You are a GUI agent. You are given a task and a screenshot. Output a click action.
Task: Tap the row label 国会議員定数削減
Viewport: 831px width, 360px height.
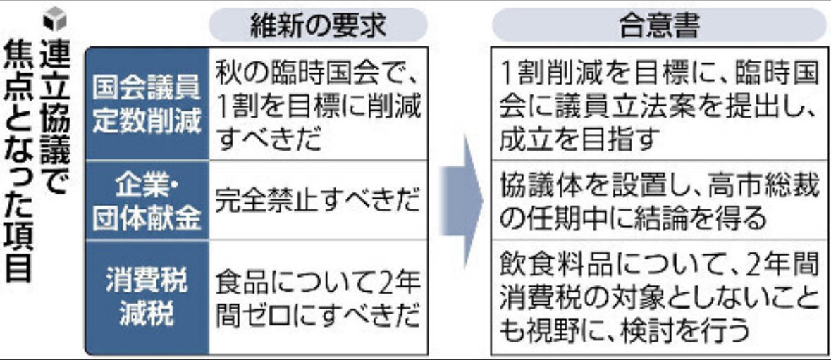coord(147,104)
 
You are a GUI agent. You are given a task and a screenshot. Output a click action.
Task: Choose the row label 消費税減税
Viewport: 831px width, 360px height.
coord(147,296)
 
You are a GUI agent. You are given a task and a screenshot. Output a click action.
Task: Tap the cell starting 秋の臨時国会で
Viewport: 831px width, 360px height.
coord(318,104)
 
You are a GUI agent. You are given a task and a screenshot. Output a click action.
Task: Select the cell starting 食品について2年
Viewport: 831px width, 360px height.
coord(318,297)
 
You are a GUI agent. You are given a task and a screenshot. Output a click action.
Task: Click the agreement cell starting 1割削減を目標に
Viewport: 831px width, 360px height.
coord(659,104)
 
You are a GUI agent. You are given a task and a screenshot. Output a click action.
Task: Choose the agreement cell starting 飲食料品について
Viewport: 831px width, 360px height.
coord(659,297)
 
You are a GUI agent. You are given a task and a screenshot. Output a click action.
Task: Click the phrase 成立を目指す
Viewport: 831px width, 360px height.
coord(579,137)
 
